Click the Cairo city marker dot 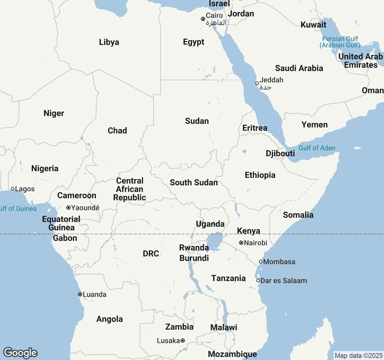click(x=203, y=19)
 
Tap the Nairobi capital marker click(x=241, y=243)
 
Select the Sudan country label click(x=197, y=121)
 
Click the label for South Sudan click(x=194, y=182)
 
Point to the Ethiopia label click(x=260, y=175)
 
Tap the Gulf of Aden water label click(x=317, y=148)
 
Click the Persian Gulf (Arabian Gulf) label click(x=340, y=42)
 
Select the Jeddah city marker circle click(x=257, y=83)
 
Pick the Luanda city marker click(x=80, y=294)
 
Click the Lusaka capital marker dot click(x=183, y=340)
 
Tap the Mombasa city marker click(x=261, y=262)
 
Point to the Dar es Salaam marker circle click(x=258, y=280)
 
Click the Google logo click(x=20, y=353)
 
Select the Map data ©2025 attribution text click(x=358, y=356)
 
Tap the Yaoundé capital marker click(x=68, y=208)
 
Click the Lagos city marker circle click(x=13, y=189)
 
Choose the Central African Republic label click(x=130, y=189)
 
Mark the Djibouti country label click(x=280, y=153)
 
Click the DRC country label click(x=151, y=253)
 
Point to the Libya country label click(x=109, y=42)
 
